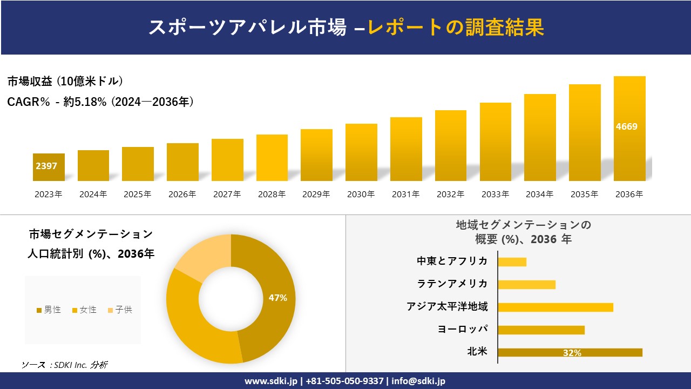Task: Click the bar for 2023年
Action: [x=49, y=167]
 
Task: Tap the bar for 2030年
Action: [x=361, y=152]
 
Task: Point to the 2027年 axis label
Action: [x=227, y=194]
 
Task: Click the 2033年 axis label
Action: [x=495, y=194]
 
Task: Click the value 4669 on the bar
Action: [x=626, y=127]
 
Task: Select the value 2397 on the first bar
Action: [x=46, y=166]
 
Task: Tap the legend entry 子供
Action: [x=120, y=310]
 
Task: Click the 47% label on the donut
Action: [x=278, y=298]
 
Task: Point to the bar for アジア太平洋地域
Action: [x=555, y=307]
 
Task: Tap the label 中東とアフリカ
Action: [x=452, y=261]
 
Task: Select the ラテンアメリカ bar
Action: [x=526, y=285]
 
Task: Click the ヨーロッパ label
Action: [x=463, y=329]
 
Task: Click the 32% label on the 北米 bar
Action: [x=572, y=353]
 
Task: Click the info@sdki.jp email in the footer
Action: [x=419, y=381]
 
